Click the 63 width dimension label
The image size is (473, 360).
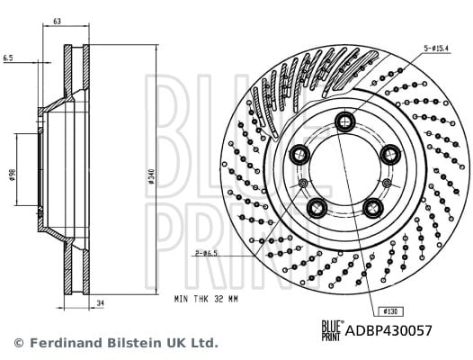(x=57, y=21)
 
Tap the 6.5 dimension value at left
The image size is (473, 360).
(x=8, y=58)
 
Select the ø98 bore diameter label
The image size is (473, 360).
(x=12, y=175)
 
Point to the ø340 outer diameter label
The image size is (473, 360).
(x=151, y=177)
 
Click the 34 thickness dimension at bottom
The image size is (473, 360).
(x=101, y=303)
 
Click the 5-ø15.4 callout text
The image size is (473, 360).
(x=436, y=48)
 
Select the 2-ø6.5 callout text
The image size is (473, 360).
(x=206, y=253)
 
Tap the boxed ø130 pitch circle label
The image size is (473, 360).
(x=390, y=311)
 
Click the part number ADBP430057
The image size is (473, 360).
(x=388, y=330)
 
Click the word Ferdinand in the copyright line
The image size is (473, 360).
(x=67, y=343)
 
